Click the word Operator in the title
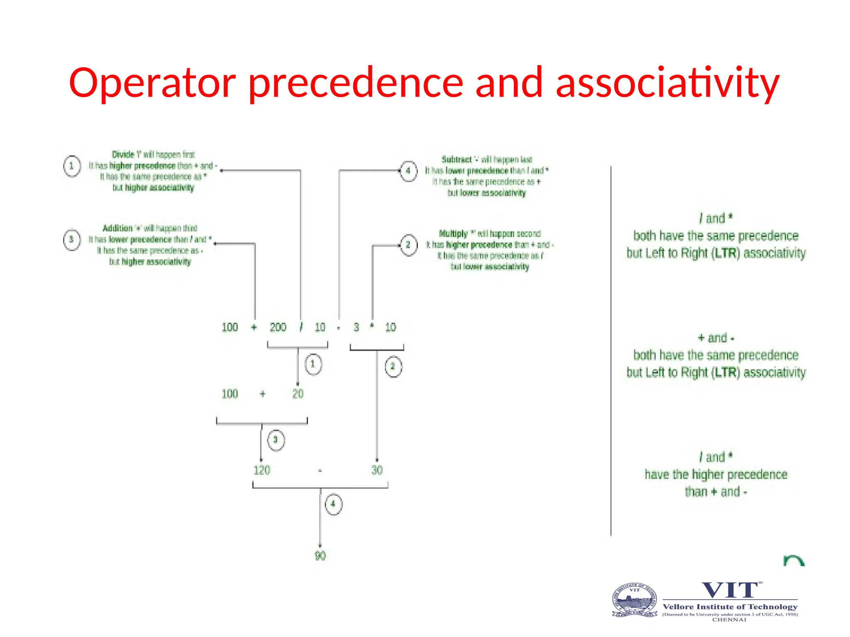(152, 83)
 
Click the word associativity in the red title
(667, 83)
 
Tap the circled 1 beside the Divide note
(72, 166)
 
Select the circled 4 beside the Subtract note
(408, 171)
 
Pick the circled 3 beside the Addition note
(71, 240)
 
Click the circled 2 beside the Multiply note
(408, 245)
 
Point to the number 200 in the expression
(278, 328)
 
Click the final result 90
(320, 556)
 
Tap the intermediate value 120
(262, 470)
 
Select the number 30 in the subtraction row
(377, 470)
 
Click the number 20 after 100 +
(298, 394)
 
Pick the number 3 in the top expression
(356, 328)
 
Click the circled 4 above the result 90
(333, 504)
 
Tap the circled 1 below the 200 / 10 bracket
(313, 365)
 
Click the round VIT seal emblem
(635, 600)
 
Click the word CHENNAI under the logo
(729, 620)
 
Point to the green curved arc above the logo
(794, 561)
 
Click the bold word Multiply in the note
(453, 234)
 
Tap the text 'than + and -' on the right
(716, 492)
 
